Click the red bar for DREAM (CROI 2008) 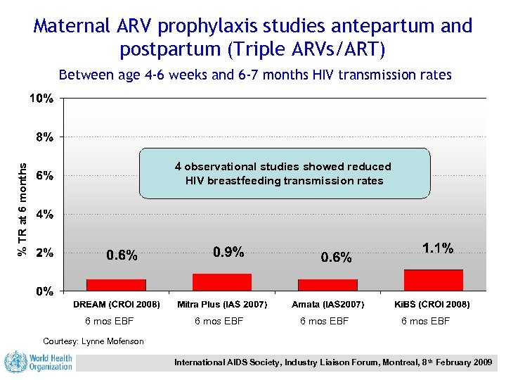116,284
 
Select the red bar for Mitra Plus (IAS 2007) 221,281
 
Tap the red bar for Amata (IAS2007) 327,284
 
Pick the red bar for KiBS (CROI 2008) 433,280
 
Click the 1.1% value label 437,248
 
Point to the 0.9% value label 228,251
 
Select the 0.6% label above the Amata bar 336,258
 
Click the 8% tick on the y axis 44,137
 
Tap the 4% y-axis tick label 44,213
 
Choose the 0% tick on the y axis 44,291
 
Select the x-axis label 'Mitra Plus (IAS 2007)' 222,305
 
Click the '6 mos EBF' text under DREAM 109,322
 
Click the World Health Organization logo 39,362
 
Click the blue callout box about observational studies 284,174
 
